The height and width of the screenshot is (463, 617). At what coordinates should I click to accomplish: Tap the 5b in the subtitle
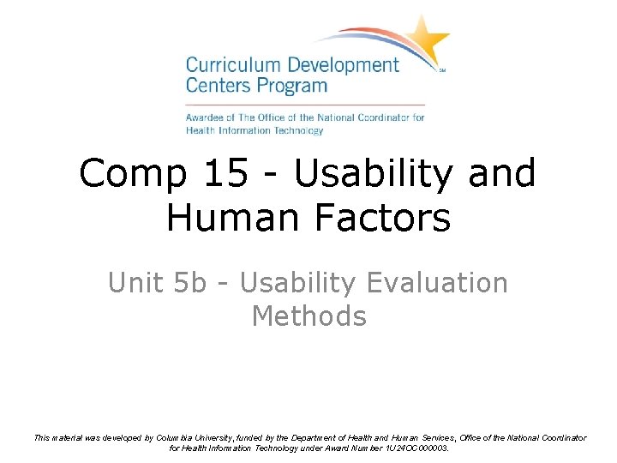click(x=192, y=283)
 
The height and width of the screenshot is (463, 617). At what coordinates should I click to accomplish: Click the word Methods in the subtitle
click(x=308, y=316)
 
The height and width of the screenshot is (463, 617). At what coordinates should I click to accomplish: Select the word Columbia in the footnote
click(x=176, y=438)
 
